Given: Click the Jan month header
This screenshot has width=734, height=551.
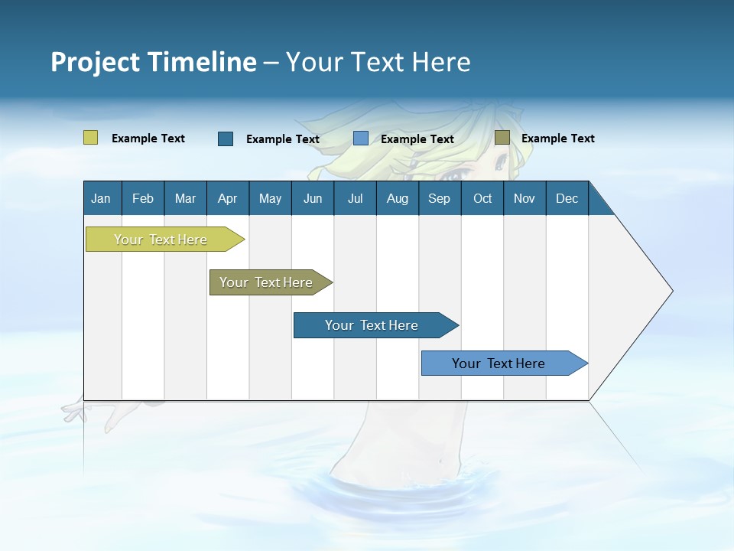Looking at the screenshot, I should [x=101, y=198].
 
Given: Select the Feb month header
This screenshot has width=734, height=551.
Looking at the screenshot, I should [x=143, y=198].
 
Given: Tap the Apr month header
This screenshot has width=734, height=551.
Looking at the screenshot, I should [x=228, y=198].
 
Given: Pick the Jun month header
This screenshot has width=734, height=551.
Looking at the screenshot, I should [x=313, y=198].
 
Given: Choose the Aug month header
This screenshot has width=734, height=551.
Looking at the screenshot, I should [x=398, y=198].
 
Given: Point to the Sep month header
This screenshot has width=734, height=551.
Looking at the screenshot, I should [x=440, y=198].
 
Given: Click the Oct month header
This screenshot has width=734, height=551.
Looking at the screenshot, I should [x=482, y=198].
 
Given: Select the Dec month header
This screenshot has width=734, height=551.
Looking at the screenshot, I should [x=567, y=198].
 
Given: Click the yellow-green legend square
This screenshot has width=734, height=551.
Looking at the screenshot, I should [x=91, y=138].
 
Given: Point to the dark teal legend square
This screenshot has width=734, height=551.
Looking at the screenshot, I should [x=226, y=139].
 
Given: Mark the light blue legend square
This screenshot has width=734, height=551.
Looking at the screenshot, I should [x=361, y=139].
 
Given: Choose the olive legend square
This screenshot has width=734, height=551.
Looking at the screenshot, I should [x=502, y=138].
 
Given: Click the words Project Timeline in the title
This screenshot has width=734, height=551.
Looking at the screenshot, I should [x=154, y=62].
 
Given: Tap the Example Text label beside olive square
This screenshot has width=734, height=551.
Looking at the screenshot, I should [x=558, y=139].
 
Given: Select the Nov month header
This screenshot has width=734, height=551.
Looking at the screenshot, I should [x=525, y=198].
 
